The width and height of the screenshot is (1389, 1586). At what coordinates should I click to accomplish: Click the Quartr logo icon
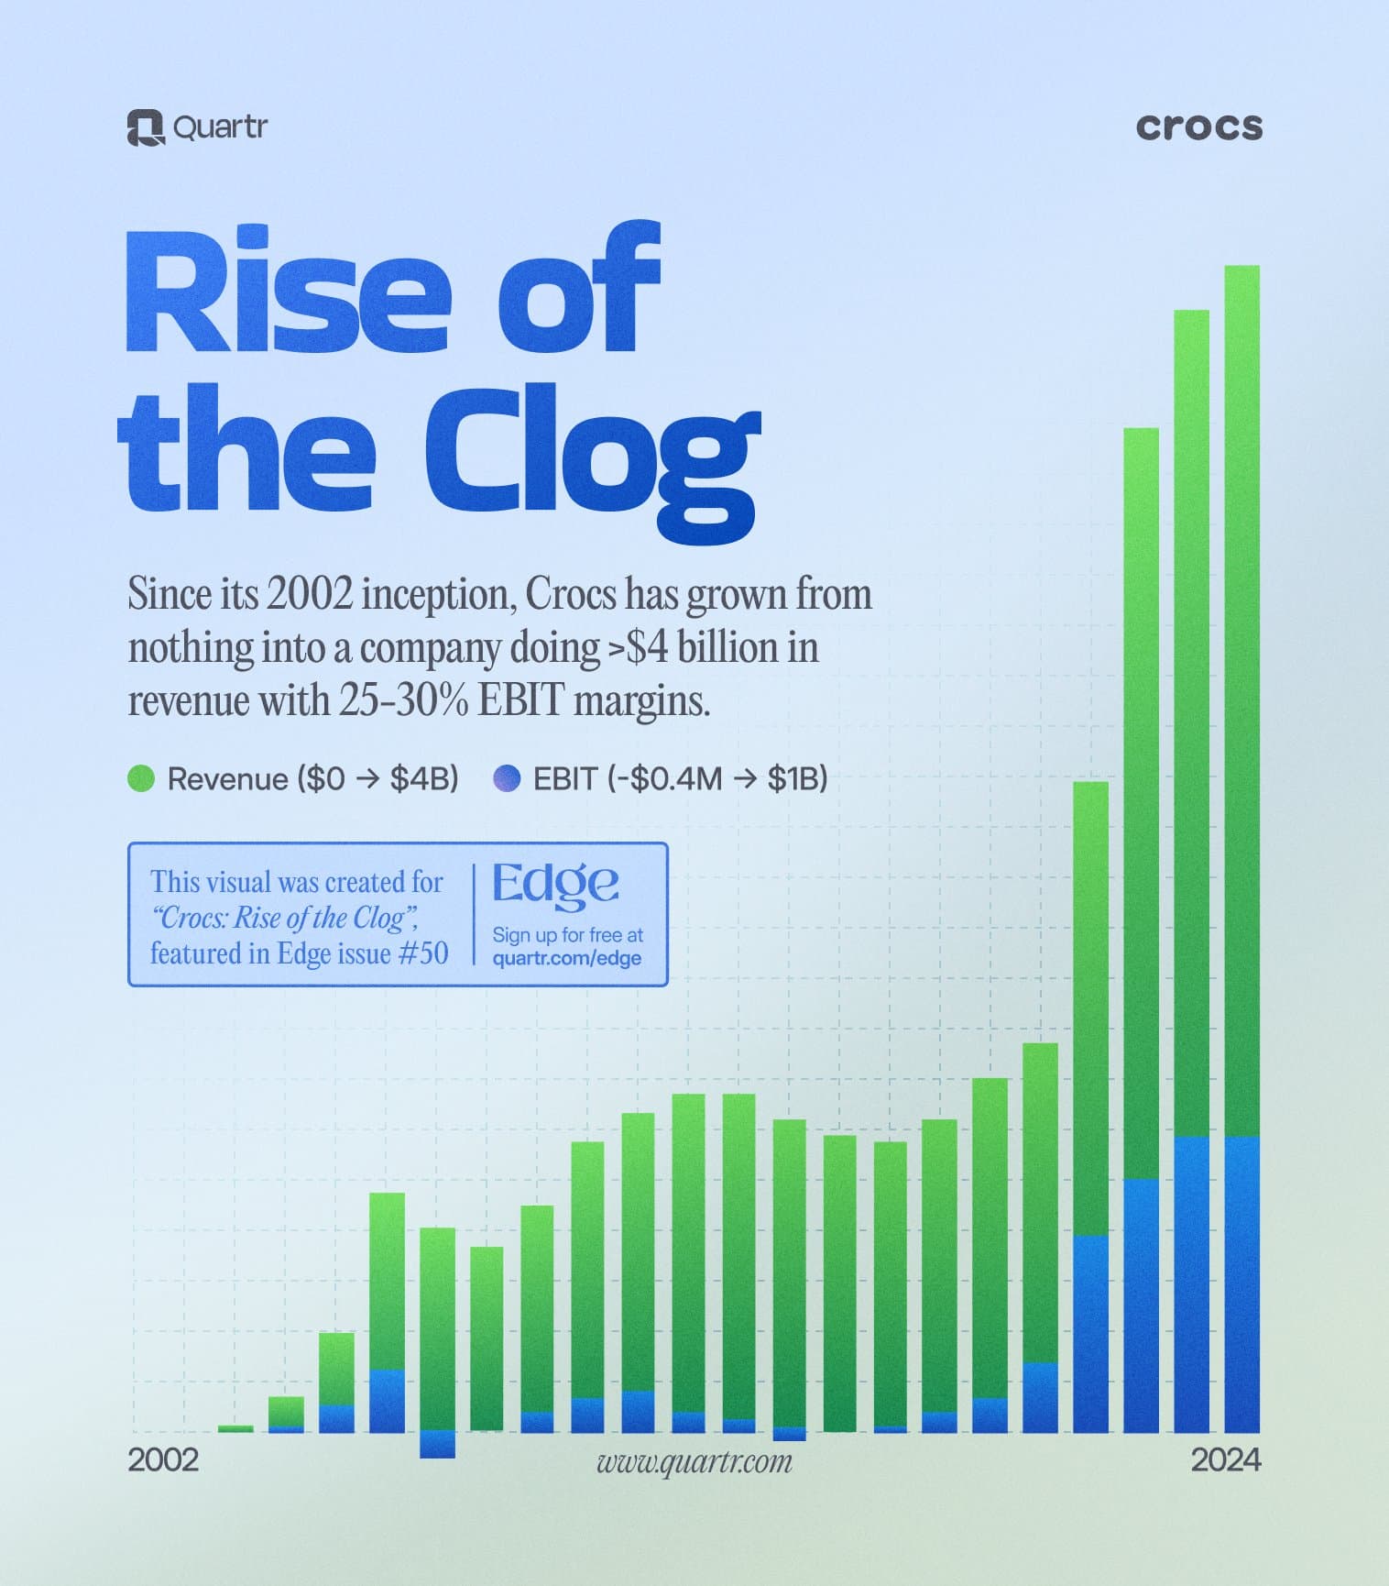[145, 127]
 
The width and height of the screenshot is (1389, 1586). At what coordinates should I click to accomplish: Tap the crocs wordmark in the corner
[1198, 127]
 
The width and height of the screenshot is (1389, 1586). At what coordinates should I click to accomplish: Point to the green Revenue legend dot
[141, 779]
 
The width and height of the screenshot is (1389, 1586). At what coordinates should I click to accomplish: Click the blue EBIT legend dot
[507, 779]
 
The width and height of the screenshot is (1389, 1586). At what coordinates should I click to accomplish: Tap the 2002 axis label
[163, 1459]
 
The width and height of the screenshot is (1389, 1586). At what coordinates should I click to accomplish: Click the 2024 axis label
[1225, 1459]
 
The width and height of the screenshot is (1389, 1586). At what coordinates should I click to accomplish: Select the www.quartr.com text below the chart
[694, 1461]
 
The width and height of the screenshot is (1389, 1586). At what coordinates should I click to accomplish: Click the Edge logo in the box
[556, 884]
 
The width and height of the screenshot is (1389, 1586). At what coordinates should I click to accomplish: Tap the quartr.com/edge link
[566, 958]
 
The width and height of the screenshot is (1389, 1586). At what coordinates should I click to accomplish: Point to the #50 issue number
[424, 953]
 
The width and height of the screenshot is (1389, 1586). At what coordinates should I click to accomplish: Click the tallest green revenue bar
[1241, 697]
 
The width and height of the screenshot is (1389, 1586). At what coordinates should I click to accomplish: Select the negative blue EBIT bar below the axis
[437, 1444]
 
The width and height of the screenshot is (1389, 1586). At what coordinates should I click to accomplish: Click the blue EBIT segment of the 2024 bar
[1241, 1283]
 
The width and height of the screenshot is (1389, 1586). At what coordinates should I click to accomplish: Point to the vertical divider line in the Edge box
[474, 913]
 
